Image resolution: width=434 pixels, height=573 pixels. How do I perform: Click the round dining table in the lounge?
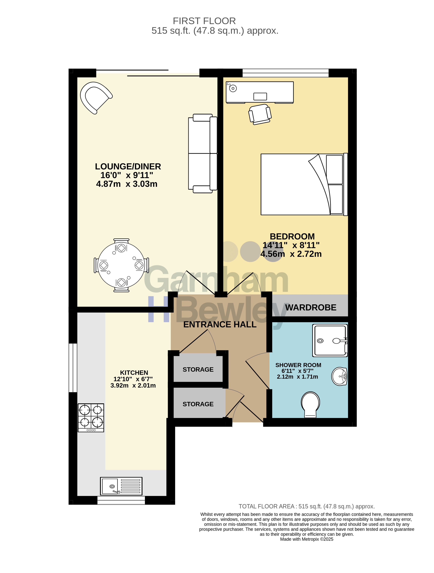point(121,265)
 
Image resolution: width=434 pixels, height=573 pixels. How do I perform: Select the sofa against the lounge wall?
point(203,153)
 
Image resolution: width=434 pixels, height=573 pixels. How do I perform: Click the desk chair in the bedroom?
point(260,114)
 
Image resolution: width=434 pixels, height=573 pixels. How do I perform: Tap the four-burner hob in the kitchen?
point(91,418)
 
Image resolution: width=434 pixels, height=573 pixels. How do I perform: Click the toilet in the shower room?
point(310,404)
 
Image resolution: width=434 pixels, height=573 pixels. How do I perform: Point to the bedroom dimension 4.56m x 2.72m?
point(291,254)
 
